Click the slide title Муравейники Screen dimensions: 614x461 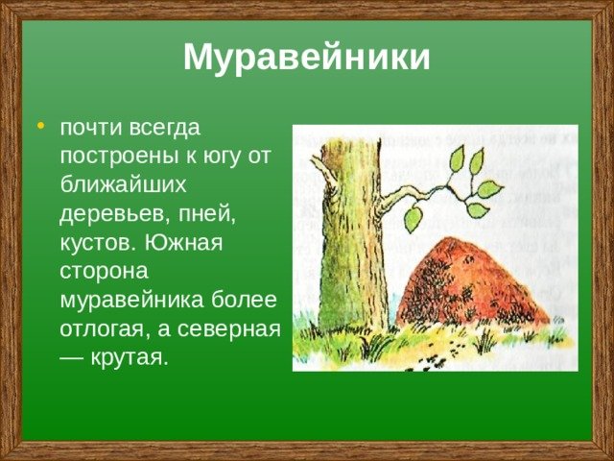click(x=307, y=58)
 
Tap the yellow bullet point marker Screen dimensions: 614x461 click(x=40, y=126)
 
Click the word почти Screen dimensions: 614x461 click(x=92, y=128)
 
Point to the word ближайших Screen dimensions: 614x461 click(x=123, y=184)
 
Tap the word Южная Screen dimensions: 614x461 click(x=183, y=243)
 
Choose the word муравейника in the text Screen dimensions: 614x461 click(x=132, y=301)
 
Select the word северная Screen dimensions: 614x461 click(x=229, y=329)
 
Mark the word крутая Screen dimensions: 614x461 click(x=130, y=358)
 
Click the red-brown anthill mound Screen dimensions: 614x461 click(x=471, y=283)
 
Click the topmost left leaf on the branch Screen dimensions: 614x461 click(x=457, y=158)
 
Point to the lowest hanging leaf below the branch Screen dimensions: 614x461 click(x=413, y=219)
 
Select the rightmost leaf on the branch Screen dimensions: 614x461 click(x=489, y=189)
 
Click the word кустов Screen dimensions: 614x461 click(x=99, y=243)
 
